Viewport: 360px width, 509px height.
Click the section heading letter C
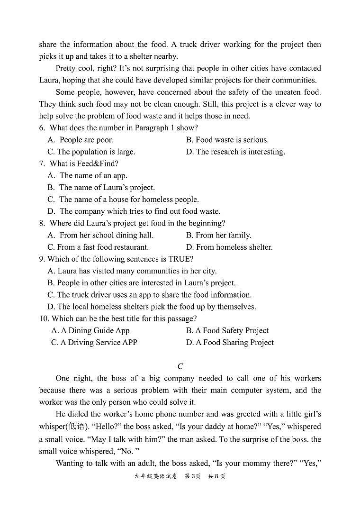(180, 366)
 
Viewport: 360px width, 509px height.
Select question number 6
(42, 128)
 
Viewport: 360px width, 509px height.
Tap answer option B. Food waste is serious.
(227, 140)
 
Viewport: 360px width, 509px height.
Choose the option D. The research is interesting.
(235, 152)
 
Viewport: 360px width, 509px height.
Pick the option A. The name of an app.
(87, 175)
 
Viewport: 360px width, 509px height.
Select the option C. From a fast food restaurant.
(98, 247)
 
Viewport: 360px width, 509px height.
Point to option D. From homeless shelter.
(229, 247)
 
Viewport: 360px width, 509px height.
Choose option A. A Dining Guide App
(90, 330)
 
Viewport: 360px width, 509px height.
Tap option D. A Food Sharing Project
(230, 342)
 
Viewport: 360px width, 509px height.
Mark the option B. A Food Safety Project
(227, 330)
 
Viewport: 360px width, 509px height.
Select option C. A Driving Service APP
(94, 342)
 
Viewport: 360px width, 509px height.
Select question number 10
(44, 318)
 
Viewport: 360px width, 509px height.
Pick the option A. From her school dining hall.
(100, 235)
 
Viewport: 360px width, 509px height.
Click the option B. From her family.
(218, 235)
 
